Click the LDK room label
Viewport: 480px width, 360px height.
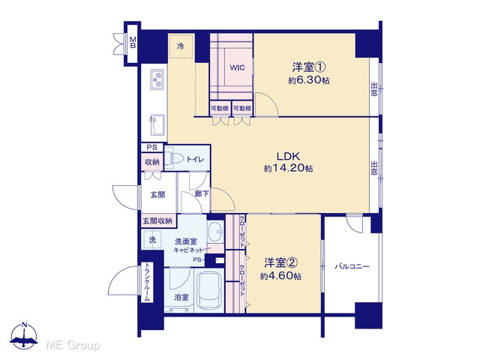pyautogui.click(x=288, y=157)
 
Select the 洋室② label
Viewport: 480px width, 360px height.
pyautogui.click(x=280, y=262)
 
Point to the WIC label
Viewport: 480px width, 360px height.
pyautogui.click(x=237, y=67)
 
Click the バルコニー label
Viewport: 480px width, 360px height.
pyautogui.click(x=352, y=266)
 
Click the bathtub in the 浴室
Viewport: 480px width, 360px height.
pyautogui.click(x=209, y=291)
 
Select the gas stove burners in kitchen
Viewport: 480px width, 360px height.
pyautogui.click(x=157, y=79)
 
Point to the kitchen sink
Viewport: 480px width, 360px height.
pyautogui.click(x=157, y=125)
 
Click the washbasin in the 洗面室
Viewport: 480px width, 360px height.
pyautogui.click(x=216, y=232)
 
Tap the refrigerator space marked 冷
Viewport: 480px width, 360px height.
pyautogui.click(x=181, y=46)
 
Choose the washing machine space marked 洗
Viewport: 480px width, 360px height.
pyautogui.click(x=152, y=240)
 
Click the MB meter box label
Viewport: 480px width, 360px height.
pyautogui.click(x=133, y=43)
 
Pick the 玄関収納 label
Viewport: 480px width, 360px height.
pyautogui.click(x=157, y=221)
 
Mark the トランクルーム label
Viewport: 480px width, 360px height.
pyautogui.click(x=148, y=282)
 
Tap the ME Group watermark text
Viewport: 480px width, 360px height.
pyautogui.click(x=73, y=346)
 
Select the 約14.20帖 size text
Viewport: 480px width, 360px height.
pyautogui.click(x=288, y=168)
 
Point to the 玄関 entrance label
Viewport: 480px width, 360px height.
pyautogui.click(x=157, y=194)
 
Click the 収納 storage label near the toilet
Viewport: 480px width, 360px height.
pyautogui.click(x=152, y=162)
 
